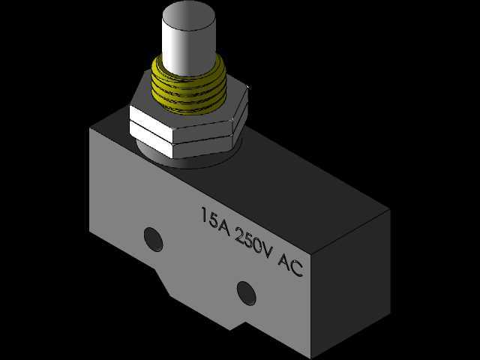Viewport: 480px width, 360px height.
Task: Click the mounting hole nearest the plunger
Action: pyautogui.click(x=153, y=240)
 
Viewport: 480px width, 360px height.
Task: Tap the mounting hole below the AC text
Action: pyautogui.click(x=247, y=293)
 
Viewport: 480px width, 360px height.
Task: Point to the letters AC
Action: pyautogui.click(x=290, y=264)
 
